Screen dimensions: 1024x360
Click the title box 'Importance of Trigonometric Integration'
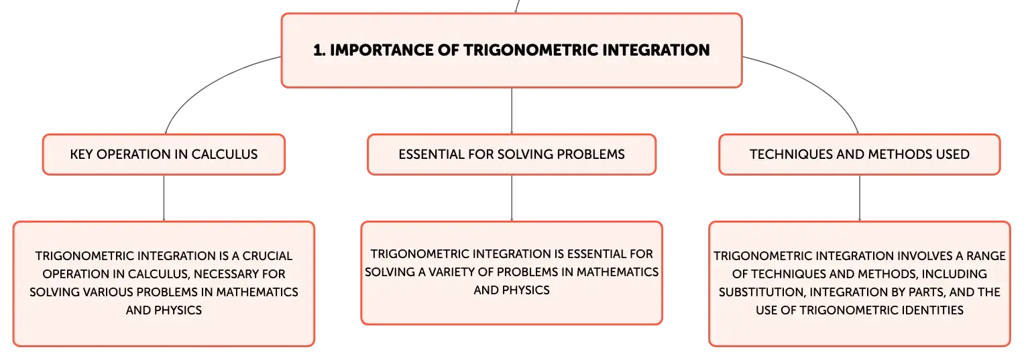coord(512,50)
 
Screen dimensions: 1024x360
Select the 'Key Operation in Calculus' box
coord(164,154)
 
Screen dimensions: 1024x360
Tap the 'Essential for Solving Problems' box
coord(512,154)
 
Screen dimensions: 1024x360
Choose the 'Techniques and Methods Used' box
coord(860,154)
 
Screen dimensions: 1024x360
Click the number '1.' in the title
coord(319,50)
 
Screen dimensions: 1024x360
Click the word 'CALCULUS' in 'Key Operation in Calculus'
coord(225,154)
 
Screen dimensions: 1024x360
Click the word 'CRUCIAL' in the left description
coord(267,256)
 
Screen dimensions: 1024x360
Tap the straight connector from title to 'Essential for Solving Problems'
coord(512,111)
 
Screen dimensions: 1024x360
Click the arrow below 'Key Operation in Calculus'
coord(164,198)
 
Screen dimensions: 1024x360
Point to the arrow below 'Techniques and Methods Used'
coord(860,198)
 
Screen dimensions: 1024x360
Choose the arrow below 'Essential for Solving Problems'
coord(512,198)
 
